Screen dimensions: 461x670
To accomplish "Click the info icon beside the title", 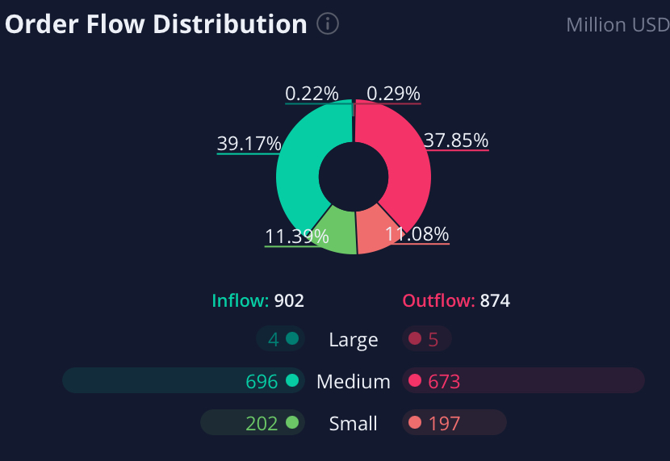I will (328, 24).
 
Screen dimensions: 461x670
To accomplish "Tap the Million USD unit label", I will (618, 25).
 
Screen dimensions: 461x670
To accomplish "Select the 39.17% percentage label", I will (249, 144).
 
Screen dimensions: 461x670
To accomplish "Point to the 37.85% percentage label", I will (456, 140).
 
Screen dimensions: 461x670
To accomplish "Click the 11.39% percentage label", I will (296, 237).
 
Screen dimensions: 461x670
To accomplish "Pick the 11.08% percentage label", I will (417, 234).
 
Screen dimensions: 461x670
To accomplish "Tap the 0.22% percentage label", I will (312, 94).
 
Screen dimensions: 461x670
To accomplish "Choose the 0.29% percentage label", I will (393, 94).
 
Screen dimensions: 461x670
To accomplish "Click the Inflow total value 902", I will (289, 301).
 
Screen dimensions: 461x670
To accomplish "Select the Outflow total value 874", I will (495, 301).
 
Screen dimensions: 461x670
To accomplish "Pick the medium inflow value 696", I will (262, 381).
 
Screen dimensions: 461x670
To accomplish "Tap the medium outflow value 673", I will (444, 381).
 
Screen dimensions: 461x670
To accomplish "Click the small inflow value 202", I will (262, 423).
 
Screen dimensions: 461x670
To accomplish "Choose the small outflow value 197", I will (444, 423).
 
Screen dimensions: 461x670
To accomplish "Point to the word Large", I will (354, 340).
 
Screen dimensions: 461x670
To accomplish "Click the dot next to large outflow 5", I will (415, 339).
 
